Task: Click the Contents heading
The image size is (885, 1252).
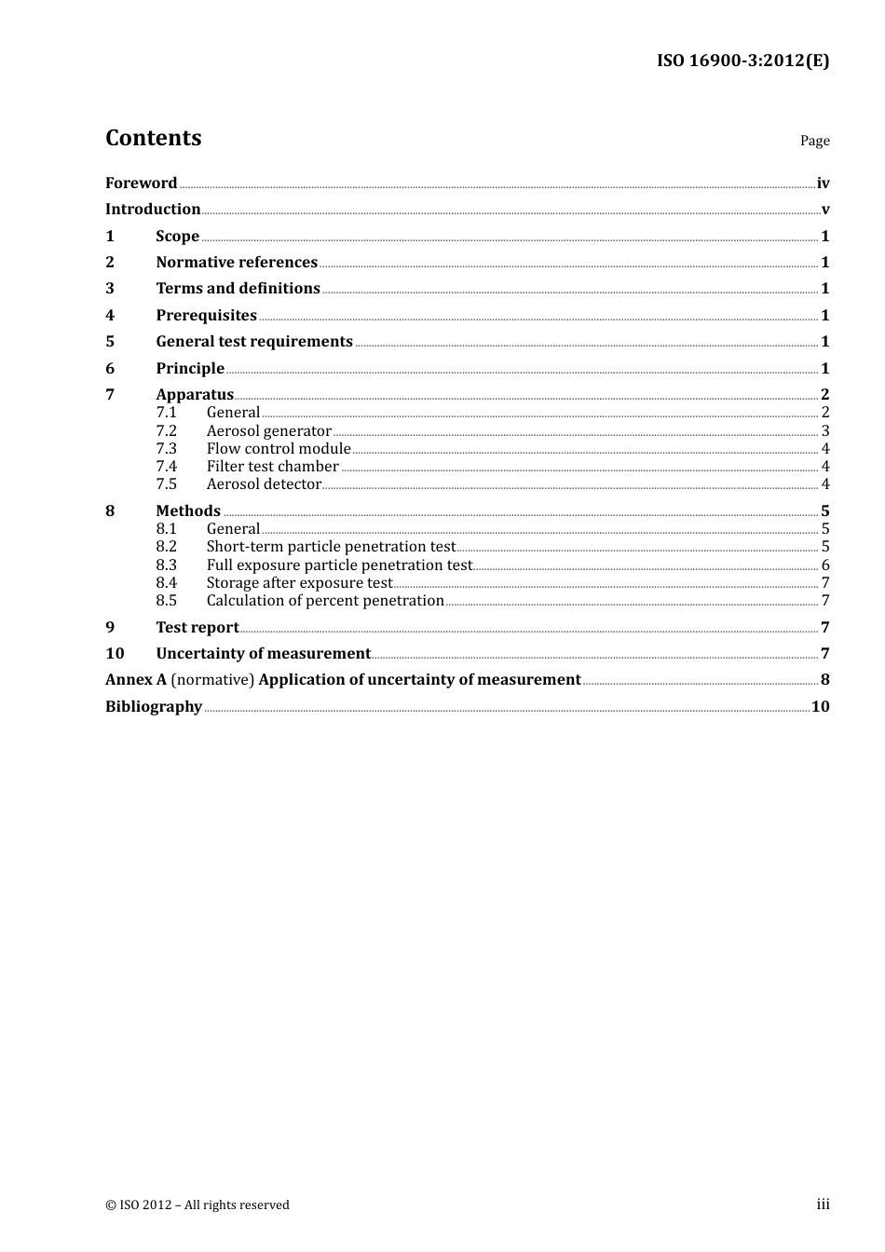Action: pos(154,138)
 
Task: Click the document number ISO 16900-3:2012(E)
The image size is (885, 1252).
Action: pos(742,61)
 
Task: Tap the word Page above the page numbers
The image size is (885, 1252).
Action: pos(814,141)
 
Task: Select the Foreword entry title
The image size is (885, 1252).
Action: pos(141,183)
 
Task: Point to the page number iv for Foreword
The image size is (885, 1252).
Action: pos(823,183)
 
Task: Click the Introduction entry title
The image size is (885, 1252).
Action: pos(153,209)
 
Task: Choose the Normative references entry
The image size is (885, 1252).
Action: pos(237,262)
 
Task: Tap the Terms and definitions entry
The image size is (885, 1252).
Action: pos(238,288)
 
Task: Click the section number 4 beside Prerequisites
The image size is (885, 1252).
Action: pos(110,315)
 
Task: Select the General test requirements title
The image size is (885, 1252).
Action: pos(254,341)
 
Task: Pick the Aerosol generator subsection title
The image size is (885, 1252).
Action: pos(268,430)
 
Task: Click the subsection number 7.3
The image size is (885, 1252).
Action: pos(166,448)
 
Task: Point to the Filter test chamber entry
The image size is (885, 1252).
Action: pos(272,466)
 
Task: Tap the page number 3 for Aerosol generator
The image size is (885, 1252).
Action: pos(825,430)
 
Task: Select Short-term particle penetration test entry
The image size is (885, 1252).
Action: pos(331,546)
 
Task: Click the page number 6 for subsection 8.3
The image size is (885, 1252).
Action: pos(825,565)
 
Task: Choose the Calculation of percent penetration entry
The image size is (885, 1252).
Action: pos(325,600)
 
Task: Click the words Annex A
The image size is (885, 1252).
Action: pos(136,679)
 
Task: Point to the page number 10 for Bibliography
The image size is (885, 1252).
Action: pos(820,706)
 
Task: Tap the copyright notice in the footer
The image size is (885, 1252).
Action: pos(197,1204)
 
